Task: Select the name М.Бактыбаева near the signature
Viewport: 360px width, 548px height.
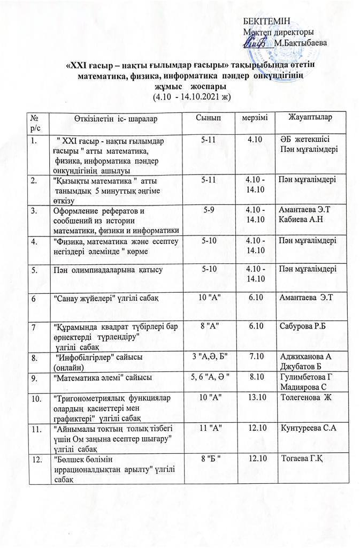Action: pos(300,42)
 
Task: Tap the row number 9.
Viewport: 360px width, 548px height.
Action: pos(35,378)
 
